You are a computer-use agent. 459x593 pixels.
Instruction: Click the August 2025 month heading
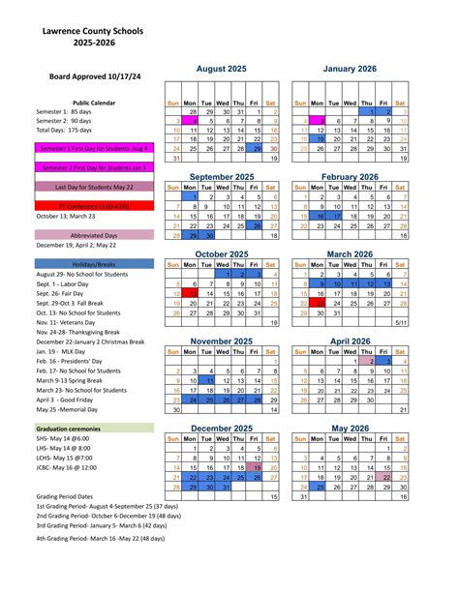[x=223, y=70]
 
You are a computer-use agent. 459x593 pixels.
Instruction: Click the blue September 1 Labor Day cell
[x=192, y=196]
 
